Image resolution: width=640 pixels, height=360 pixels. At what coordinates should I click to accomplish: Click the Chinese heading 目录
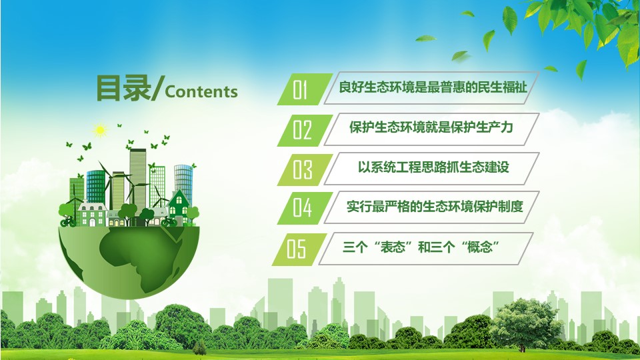[x=123, y=88]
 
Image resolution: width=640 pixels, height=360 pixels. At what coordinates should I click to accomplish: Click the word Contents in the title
[x=201, y=91]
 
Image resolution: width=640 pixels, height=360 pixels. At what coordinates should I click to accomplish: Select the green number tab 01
[x=305, y=89]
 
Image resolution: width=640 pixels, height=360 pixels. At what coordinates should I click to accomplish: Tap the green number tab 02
[x=305, y=130]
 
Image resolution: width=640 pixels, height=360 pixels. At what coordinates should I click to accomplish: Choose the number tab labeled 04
[x=305, y=208]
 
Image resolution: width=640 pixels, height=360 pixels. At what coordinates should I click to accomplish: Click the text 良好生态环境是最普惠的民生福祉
[x=433, y=87]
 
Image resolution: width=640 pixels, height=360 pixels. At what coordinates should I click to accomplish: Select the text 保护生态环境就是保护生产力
[x=431, y=127]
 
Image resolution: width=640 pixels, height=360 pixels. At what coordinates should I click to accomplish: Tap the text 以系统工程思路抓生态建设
[x=433, y=167]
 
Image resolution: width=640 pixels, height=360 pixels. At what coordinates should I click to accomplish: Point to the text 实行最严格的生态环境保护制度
[x=435, y=206]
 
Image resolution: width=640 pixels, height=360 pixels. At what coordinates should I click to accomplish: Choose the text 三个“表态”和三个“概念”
[x=421, y=247]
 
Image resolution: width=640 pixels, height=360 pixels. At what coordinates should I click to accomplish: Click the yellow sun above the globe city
[x=100, y=131]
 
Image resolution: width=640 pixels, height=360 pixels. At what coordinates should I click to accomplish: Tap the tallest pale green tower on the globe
[x=138, y=179]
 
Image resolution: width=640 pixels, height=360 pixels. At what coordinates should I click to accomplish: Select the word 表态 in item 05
[x=392, y=247]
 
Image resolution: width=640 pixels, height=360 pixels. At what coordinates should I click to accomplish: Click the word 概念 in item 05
[x=480, y=247]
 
